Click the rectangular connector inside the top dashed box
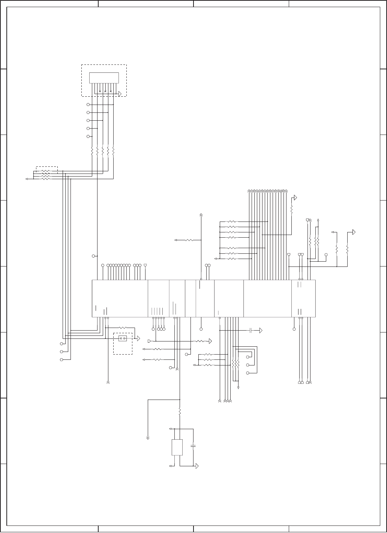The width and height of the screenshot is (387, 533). pos(104,78)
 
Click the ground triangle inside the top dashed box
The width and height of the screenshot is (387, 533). pos(120,94)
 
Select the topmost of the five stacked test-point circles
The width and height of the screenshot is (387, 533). pos(88,105)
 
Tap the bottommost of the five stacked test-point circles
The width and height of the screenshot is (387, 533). pos(88,136)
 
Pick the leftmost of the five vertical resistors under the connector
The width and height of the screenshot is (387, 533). pos(92,151)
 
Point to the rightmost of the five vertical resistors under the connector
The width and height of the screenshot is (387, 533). pos(113,151)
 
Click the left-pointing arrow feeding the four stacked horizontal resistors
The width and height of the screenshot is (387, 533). pos(27,179)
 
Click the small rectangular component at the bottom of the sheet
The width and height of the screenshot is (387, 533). pos(177,447)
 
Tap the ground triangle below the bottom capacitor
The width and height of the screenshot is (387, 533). pos(196,466)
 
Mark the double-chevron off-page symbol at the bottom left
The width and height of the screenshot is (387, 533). pos(148,437)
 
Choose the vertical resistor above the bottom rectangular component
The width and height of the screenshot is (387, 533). pos(180,412)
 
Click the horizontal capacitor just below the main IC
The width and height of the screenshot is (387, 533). pos(250,330)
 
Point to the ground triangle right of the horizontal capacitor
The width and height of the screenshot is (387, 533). pos(261,331)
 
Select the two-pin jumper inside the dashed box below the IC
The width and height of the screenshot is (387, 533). pos(123,338)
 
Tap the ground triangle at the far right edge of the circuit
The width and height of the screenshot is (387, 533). pos(353,232)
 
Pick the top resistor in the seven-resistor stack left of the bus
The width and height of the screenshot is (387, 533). pos(232,222)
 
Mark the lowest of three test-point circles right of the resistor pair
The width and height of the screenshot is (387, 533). pos(247,373)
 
